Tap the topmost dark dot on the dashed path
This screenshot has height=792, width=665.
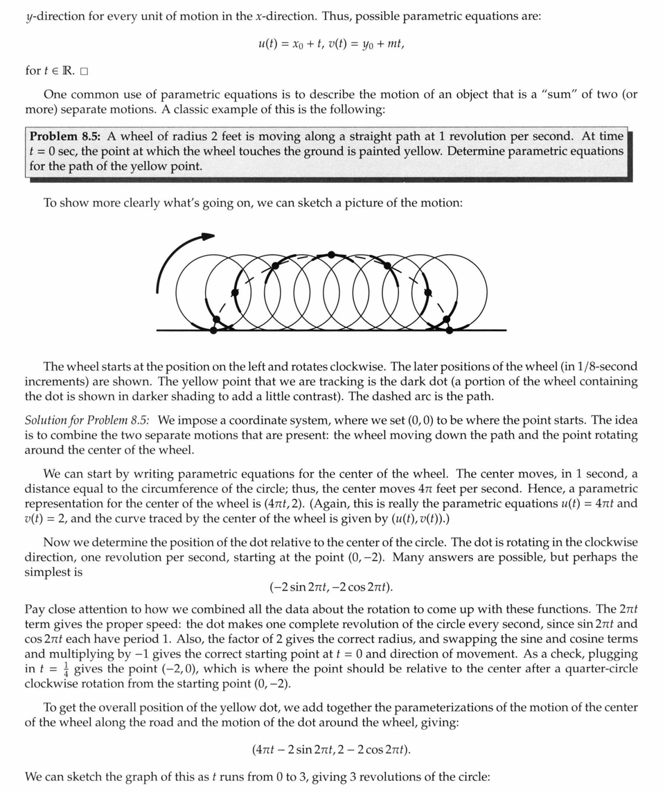331,255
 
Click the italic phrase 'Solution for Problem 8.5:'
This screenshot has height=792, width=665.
89,420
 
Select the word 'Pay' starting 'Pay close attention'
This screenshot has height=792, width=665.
34,609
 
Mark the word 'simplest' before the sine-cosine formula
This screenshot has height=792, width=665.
48,572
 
